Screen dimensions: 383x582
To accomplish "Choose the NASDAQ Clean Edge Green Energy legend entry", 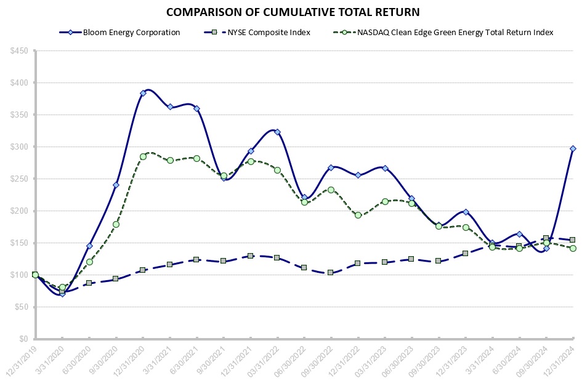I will point(455,33).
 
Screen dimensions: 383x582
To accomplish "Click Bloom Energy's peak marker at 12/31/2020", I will point(143,93).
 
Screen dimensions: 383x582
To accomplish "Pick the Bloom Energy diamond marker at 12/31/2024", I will point(573,148).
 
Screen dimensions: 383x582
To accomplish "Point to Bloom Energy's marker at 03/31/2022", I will point(277,132).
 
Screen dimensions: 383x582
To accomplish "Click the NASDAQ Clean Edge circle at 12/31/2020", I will point(143,156).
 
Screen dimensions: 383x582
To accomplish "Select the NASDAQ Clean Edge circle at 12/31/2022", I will point(358,215).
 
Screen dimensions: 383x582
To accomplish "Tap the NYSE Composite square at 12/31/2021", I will point(251,256).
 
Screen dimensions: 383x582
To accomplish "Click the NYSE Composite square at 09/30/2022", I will point(331,272).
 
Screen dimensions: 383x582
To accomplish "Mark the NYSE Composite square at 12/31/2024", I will point(573,240).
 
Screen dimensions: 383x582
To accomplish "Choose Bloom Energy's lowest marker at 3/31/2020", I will point(62,294).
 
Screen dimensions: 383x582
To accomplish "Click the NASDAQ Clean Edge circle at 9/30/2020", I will point(116,224).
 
